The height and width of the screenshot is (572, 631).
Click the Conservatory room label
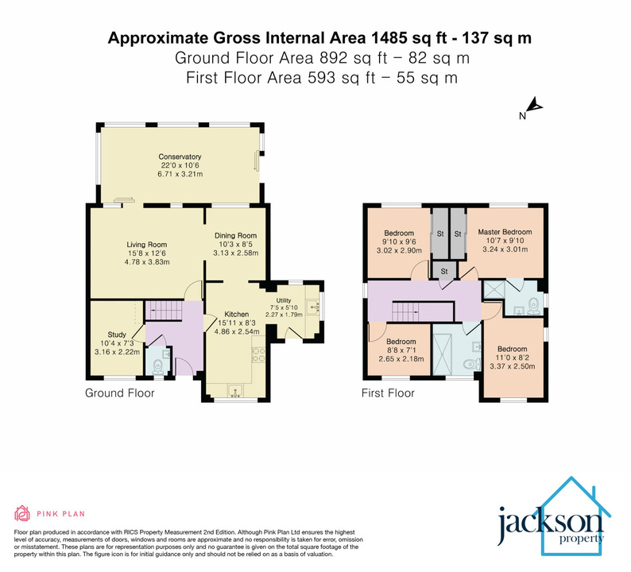point(180,157)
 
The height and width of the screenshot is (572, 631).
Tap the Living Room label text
point(146,245)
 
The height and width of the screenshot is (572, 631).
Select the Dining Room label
point(235,236)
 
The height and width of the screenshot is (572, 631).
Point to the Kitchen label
point(237,314)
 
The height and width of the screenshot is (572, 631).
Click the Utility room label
point(285,300)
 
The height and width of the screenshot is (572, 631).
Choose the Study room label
point(117,334)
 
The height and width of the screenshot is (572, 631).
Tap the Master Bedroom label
point(505,232)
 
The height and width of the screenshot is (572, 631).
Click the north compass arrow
point(535,105)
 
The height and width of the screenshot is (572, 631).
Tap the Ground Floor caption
point(119,393)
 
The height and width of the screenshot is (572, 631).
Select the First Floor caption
point(388,393)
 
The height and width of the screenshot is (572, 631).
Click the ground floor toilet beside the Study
point(157,365)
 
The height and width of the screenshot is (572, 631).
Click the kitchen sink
point(236,390)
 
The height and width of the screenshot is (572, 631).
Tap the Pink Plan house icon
point(21,512)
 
